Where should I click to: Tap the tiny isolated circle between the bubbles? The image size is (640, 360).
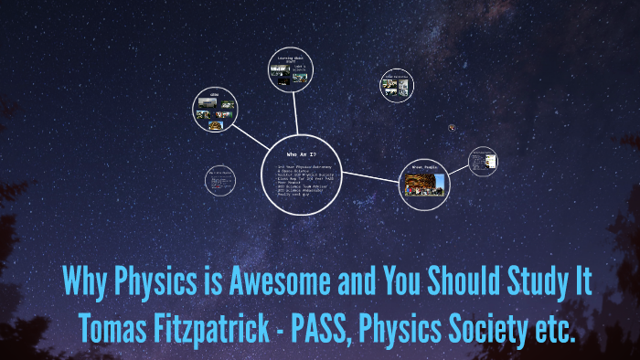[453, 128]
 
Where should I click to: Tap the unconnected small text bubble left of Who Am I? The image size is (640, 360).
[220, 182]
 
